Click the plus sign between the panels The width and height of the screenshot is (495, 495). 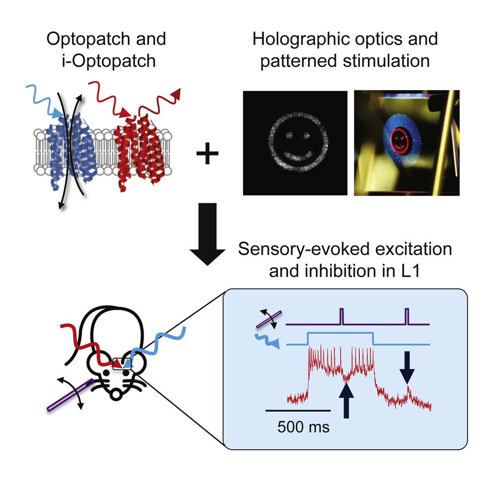click(x=207, y=155)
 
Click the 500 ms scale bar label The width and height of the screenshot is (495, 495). click(x=303, y=426)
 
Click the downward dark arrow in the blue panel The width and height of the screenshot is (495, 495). click(x=407, y=367)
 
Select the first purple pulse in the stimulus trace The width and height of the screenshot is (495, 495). click(x=341, y=316)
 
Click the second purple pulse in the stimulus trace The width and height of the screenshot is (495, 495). click(x=407, y=316)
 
